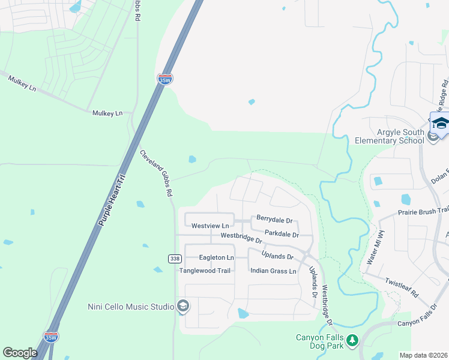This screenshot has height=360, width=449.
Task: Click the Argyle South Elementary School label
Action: (390, 136)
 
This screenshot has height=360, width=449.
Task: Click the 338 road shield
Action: (173, 258)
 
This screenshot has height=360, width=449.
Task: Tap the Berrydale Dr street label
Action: (274, 220)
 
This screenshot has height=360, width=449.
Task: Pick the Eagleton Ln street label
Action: (217, 257)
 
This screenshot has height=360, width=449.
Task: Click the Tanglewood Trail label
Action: (205, 271)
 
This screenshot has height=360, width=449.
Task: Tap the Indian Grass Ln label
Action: (273, 271)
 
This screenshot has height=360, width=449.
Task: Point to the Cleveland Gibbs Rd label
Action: (156, 173)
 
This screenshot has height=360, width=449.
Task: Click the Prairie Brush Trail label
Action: (423, 212)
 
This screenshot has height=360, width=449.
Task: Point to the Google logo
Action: (20, 353)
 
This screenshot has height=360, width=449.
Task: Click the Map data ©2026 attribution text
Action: (424, 355)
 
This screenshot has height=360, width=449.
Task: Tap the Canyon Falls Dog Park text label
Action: (319, 341)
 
